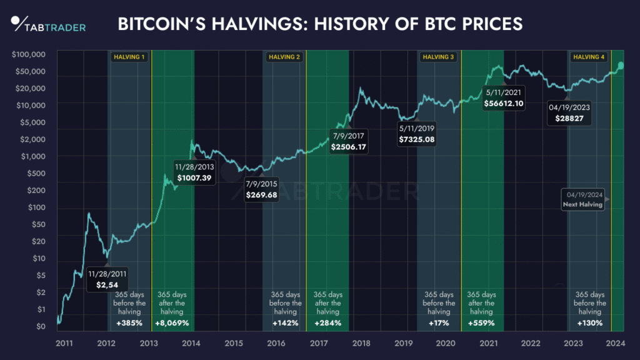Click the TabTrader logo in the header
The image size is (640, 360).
pos(49,25)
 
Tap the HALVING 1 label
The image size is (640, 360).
pos(129,57)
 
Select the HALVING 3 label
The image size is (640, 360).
pos(439,57)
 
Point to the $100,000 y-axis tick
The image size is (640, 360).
pos(29,55)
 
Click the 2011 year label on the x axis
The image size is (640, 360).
pos(64,343)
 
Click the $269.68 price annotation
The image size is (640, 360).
pos(263,195)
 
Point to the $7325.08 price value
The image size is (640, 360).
pos(417,139)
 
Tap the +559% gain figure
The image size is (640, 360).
pos(481,323)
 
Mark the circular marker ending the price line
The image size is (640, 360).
pos(620,65)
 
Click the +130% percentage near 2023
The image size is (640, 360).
pos(589,323)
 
